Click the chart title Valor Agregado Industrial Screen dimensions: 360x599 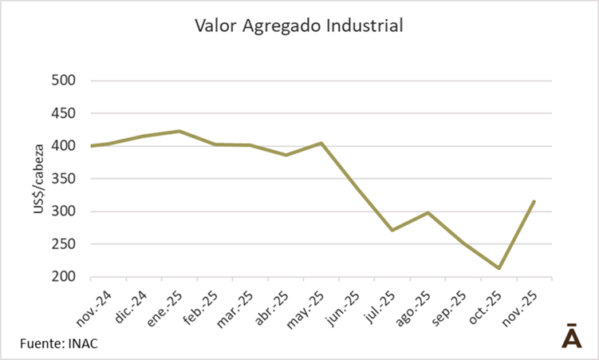click(x=299, y=26)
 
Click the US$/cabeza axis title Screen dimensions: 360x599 click(x=37, y=179)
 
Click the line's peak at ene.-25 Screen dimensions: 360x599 click(x=179, y=131)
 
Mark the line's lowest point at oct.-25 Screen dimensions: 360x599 click(x=499, y=268)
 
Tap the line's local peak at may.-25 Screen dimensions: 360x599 click(x=321, y=143)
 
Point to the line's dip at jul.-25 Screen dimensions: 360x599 click(x=392, y=230)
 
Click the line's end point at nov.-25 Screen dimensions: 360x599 click(x=534, y=201)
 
